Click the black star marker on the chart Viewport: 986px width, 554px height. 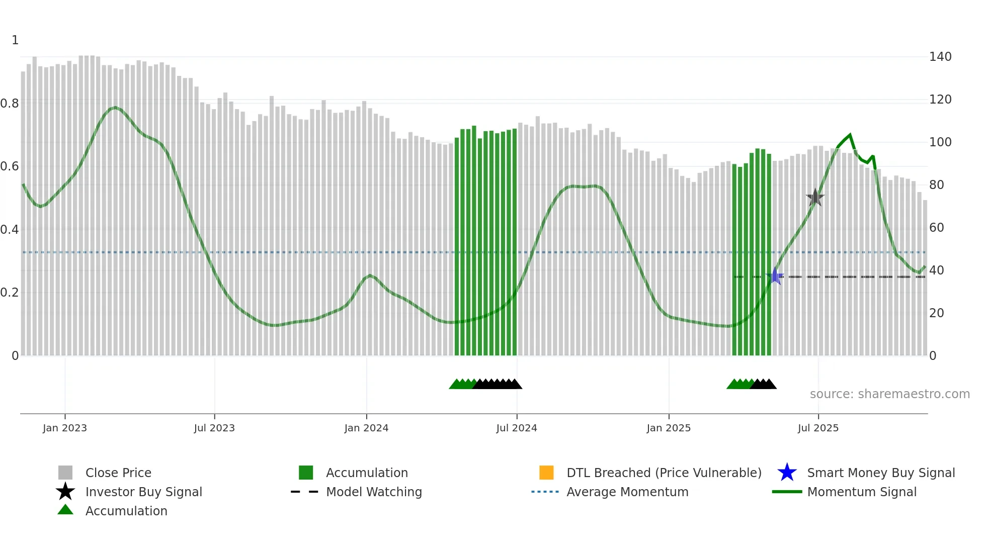click(x=815, y=198)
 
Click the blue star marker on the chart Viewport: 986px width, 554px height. click(x=775, y=276)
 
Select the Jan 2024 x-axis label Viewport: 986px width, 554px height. click(x=366, y=428)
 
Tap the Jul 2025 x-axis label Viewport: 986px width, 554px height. click(x=818, y=428)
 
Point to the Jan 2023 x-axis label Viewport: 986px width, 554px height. click(x=65, y=428)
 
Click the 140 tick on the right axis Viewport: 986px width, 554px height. click(x=940, y=57)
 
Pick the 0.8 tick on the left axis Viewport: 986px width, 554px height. click(x=10, y=104)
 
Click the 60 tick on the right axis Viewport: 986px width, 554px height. click(x=936, y=228)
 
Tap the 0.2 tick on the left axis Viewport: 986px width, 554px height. click(x=10, y=293)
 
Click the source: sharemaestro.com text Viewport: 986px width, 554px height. click(x=889, y=394)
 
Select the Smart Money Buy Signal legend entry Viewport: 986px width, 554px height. click(x=880, y=473)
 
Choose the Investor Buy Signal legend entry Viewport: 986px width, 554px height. click(x=143, y=492)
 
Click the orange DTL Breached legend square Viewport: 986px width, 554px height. click(x=546, y=473)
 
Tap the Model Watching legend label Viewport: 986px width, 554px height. click(x=374, y=492)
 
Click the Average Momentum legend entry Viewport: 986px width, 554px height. click(x=627, y=492)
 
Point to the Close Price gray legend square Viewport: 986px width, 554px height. click(x=65, y=473)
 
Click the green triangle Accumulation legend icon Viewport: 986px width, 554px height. click(x=65, y=510)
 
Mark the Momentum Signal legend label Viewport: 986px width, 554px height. click(x=861, y=492)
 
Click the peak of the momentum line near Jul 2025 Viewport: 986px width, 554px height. click(x=850, y=135)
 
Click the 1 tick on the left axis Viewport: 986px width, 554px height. click(x=15, y=40)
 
